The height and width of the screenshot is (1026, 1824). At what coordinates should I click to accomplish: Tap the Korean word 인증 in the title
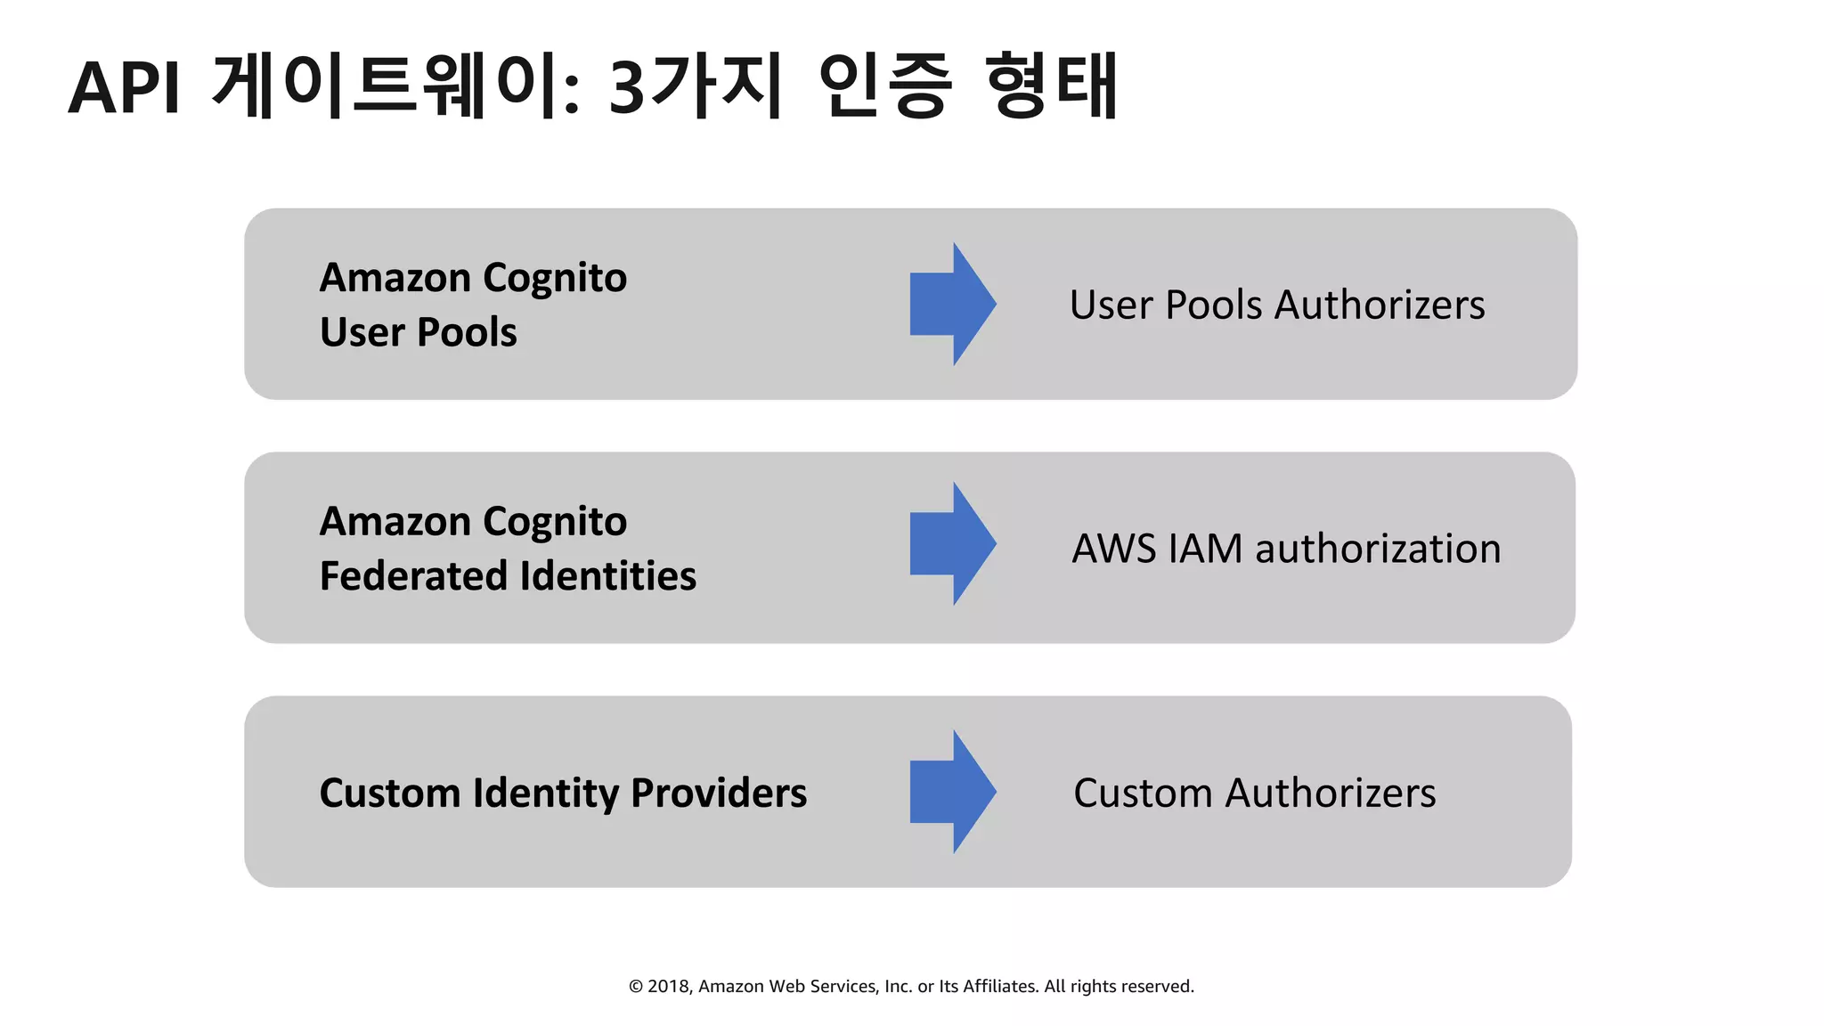pyautogui.click(x=884, y=85)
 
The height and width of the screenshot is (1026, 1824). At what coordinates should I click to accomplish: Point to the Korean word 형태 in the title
pyautogui.click(x=1052, y=85)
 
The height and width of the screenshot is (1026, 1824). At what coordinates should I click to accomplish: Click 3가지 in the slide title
pyautogui.click(x=696, y=85)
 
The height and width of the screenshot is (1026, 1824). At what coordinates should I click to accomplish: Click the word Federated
pyautogui.click(x=414, y=576)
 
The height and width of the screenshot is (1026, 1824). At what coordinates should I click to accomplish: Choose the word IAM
pyautogui.click(x=1205, y=549)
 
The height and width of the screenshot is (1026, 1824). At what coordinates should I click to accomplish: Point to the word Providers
pyautogui.click(x=719, y=793)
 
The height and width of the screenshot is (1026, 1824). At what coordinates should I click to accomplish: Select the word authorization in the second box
pyautogui.click(x=1378, y=549)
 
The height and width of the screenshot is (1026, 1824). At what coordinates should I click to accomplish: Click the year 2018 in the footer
pyautogui.click(x=668, y=986)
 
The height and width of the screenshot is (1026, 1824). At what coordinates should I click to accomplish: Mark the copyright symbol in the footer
pyautogui.click(x=636, y=986)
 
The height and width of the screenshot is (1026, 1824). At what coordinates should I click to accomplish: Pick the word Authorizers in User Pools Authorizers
pyautogui.click(x=1380, y=305)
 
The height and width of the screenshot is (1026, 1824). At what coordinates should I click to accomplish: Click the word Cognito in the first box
pyautogui.click(x=555, y=279)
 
